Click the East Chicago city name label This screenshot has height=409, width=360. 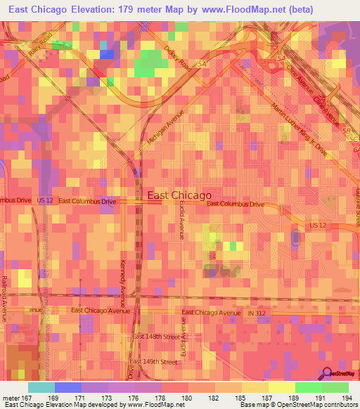(x=179, y=196)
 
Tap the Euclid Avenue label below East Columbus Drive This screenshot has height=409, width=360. (x=181, y=219)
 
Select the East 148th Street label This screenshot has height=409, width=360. (x=157, y=337)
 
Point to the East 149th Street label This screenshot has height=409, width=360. (x=155, y=362)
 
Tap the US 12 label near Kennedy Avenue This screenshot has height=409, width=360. (x=45, y=200)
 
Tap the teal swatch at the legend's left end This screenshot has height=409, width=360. (x=41, y=387)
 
